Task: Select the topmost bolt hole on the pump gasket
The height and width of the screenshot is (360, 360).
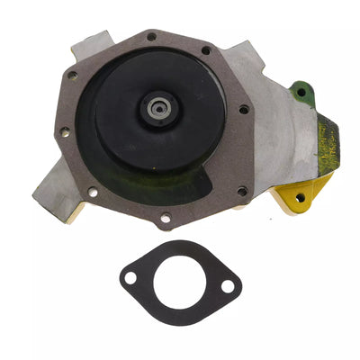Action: click(151, 36)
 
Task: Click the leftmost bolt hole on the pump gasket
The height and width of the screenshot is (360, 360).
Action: click(64, 132)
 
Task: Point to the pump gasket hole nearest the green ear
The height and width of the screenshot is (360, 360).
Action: click(244, 110)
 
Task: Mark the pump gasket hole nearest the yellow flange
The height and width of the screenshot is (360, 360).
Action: click(240, 190)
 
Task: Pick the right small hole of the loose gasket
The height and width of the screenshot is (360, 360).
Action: click(228, 287)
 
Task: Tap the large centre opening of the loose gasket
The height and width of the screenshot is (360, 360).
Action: click(179, 283)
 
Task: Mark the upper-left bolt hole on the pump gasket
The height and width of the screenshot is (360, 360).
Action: click(72, 76)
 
